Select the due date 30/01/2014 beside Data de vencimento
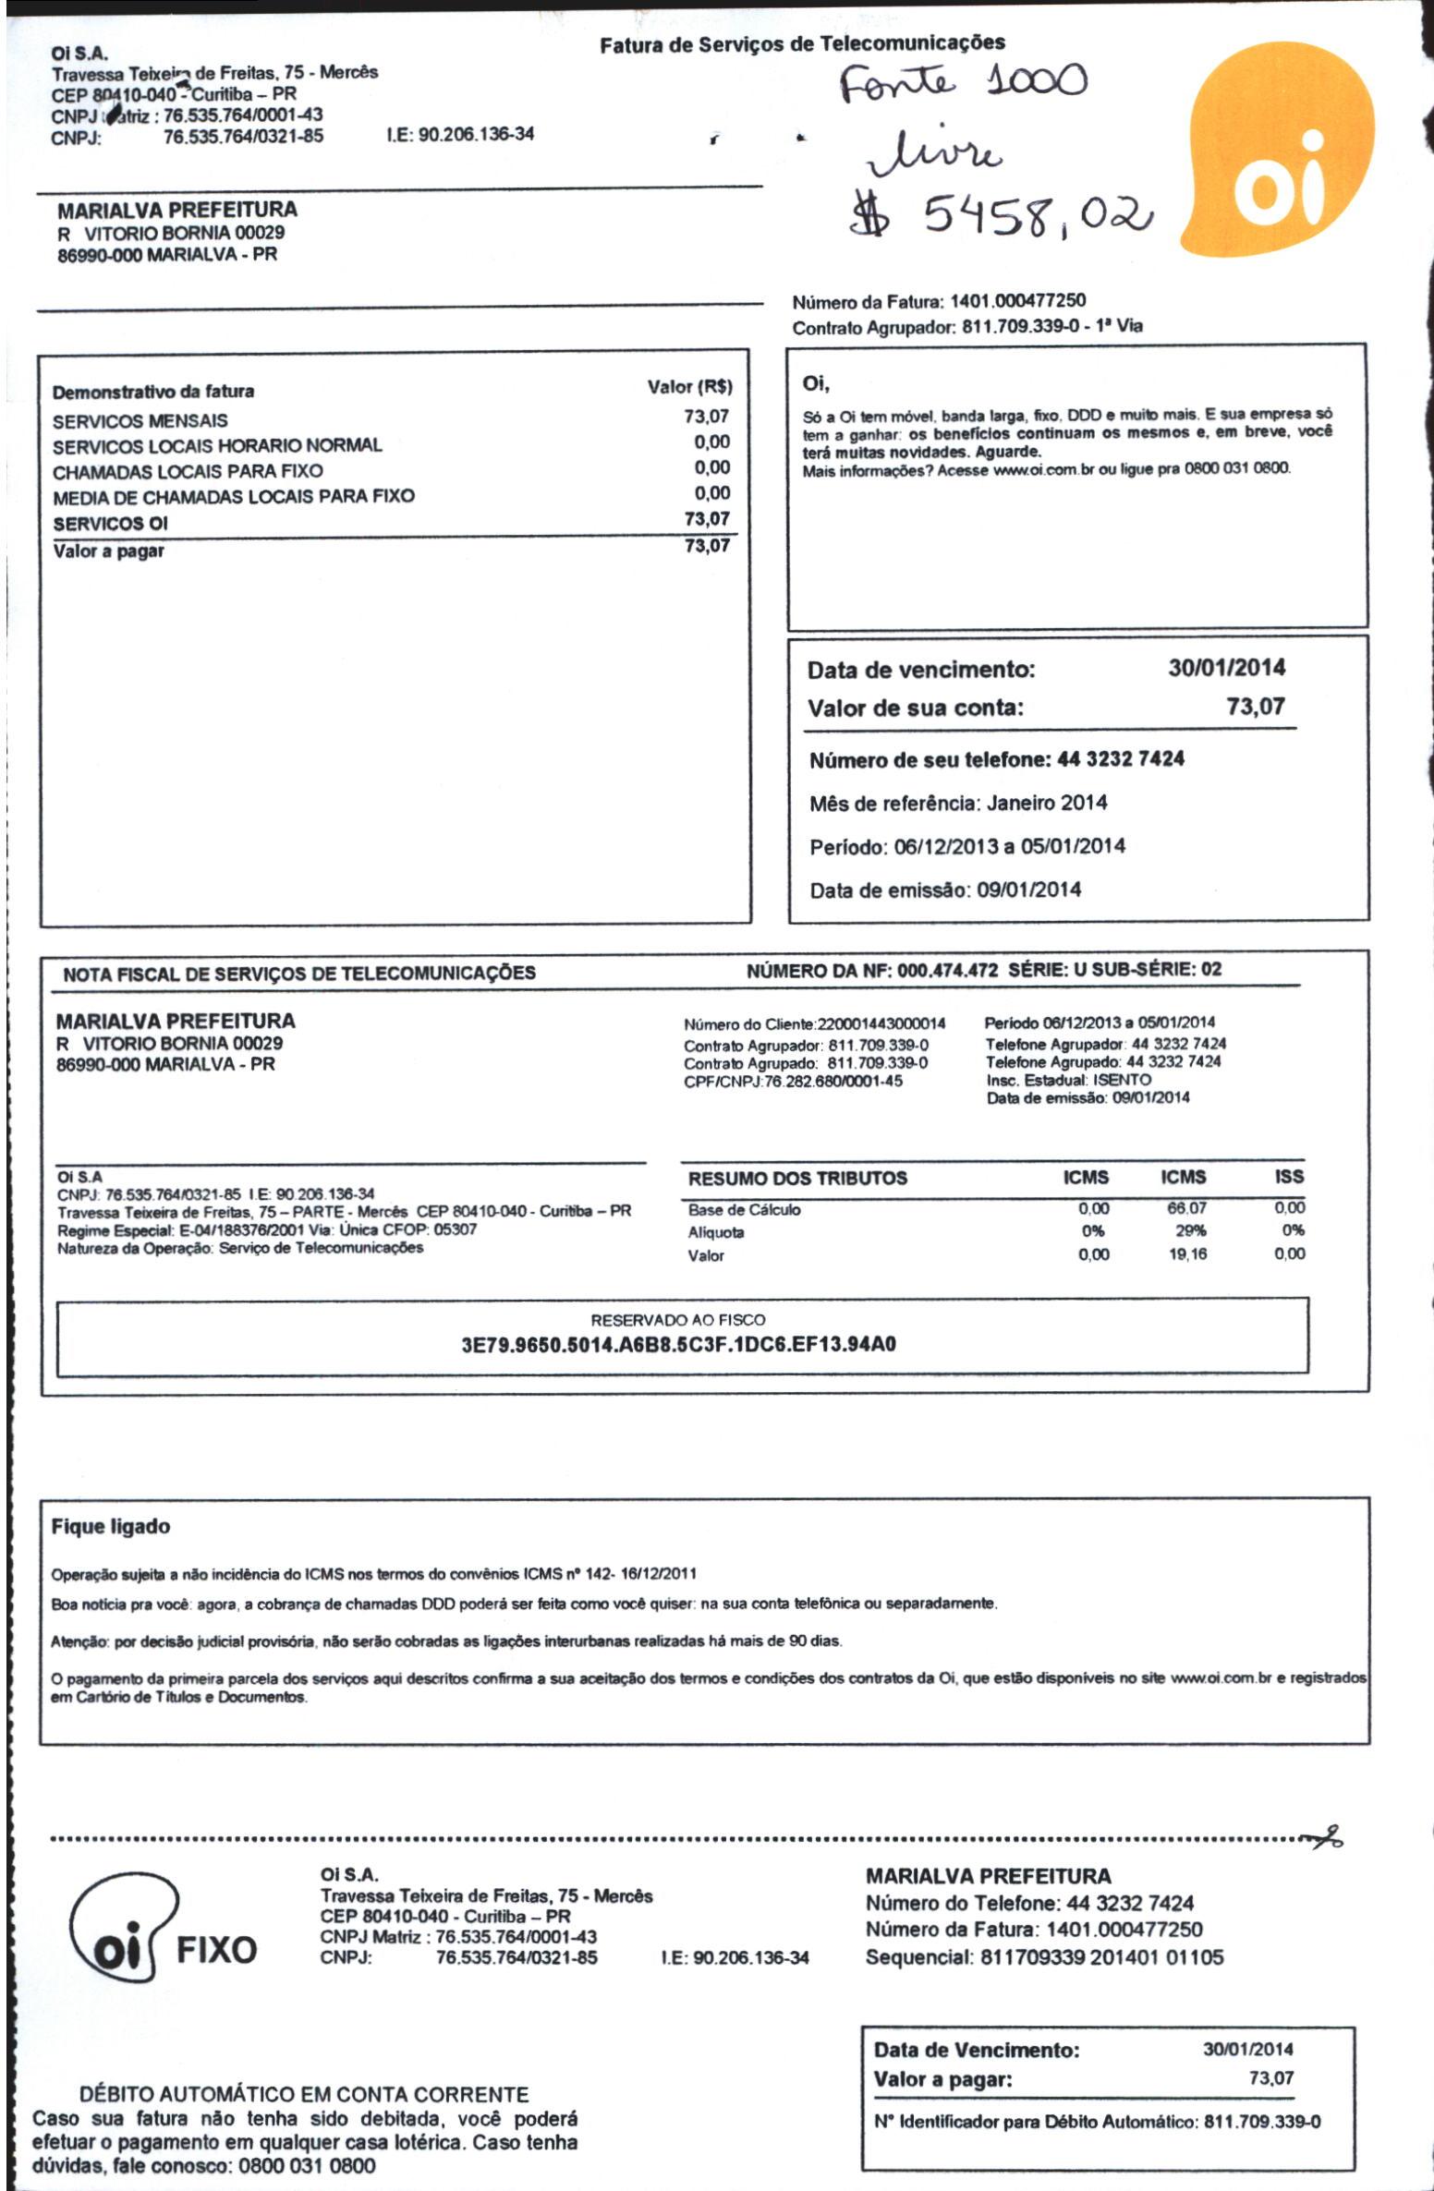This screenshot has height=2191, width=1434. click(x=1226, y=668)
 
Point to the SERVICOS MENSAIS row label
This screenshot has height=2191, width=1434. click(x=140, y=421)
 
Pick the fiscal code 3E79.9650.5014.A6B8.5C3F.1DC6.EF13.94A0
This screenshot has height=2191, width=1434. click(x=678, y=1344)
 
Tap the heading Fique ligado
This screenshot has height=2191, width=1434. click(x=111, y=1527)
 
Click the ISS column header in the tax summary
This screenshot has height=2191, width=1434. click(x=1288, y=1177)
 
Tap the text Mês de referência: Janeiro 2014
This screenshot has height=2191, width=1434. click(x=958, y=803)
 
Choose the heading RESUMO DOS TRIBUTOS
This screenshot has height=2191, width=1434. click(x=797, y=1178)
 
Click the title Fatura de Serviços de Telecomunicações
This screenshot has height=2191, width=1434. click(x=802, y=43)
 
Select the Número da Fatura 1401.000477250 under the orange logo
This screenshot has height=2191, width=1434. click(x=939, y=301)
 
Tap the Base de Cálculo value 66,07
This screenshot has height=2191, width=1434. click(x=1186, y=1208)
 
